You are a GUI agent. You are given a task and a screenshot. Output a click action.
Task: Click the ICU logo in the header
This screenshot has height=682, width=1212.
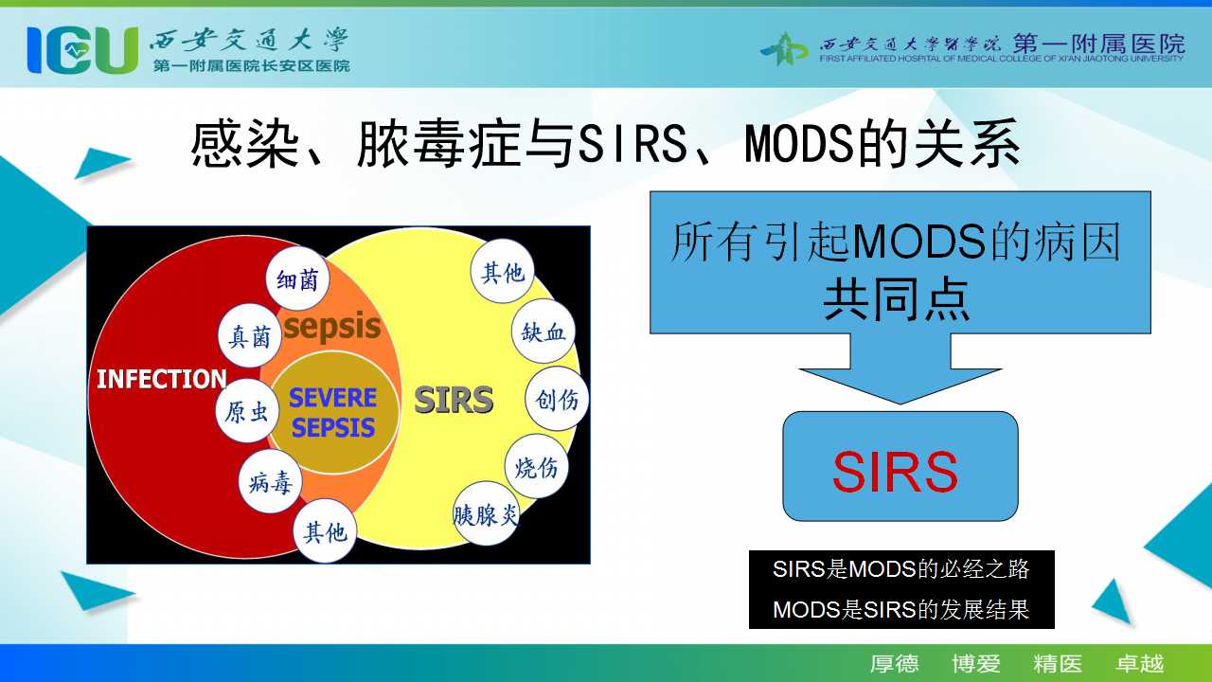point(82,50)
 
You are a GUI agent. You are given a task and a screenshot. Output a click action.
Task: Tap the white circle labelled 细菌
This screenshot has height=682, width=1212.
point(297,278)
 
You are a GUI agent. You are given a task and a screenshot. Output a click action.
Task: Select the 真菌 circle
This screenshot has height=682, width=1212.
point(249,336)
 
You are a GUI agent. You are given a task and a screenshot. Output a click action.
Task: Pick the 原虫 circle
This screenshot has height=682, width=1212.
point(247,411)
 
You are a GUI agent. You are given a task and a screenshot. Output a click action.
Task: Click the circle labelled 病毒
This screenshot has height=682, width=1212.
point(270,481)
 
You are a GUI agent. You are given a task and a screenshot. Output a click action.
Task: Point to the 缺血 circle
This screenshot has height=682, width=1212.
point(544,331)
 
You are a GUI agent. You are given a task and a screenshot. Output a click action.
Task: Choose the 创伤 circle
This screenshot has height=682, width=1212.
point(557,399)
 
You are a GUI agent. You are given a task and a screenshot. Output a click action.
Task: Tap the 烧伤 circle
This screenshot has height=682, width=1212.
point(537,466)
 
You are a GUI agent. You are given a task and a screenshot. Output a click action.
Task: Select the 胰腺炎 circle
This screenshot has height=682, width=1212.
point(486,513)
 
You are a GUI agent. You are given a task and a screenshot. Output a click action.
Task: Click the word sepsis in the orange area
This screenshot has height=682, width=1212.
point(332,327)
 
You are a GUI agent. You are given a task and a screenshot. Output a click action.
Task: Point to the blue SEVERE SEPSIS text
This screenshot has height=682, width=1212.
point(332,412)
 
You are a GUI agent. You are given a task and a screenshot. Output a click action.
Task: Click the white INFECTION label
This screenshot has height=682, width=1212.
point(161,379)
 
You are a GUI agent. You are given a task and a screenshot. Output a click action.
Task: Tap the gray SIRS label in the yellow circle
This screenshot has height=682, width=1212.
point(454,400)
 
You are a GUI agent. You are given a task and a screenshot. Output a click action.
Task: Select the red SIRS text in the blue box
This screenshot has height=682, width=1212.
point(896,472)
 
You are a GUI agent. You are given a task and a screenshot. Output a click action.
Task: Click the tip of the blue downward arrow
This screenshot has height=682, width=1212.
point(900,404)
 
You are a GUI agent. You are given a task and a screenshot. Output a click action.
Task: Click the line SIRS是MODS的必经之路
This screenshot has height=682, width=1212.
point(900,569)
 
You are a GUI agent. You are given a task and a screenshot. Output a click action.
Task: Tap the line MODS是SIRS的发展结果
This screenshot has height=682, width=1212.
point(900,609)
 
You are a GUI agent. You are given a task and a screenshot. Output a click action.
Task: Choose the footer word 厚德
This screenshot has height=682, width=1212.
point(894,664)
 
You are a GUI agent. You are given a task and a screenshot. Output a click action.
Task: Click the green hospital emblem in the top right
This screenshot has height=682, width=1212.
point(783,49)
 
